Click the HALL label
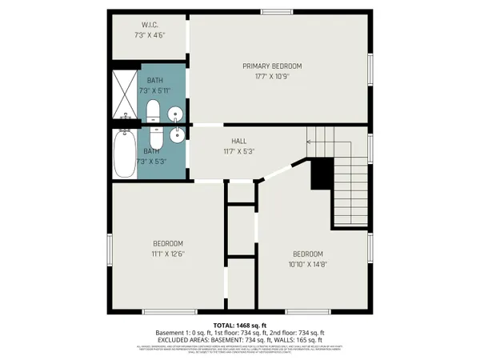coord(239,139)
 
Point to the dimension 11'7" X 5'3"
coord(239,151)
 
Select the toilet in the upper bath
coord(154,113)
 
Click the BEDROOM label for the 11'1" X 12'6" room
coord(168,243)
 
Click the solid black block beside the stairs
coord(322,172)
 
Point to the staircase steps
coord(349,180)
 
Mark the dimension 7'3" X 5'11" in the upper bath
coord(155,91)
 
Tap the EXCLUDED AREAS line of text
coord(240,340)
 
